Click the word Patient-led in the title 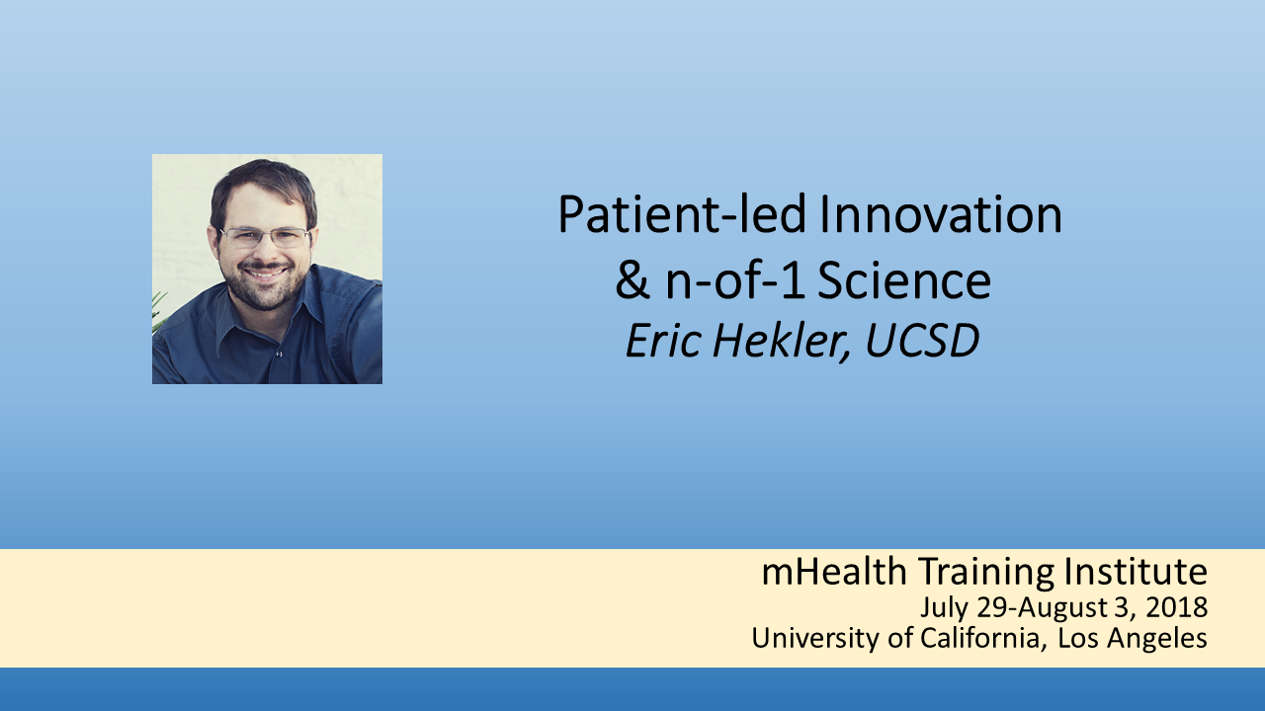coord(682,214)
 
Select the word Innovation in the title coord(941,214)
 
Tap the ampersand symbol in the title coord(632,280)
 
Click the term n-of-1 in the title coord(735,280)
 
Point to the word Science coord(904,280)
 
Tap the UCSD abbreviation coord(922,341)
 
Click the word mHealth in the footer coord(834,572)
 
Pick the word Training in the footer coord(985,573)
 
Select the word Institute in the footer coord(1136,572)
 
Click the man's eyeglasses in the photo coord(264,238)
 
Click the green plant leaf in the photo coord(158,309)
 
